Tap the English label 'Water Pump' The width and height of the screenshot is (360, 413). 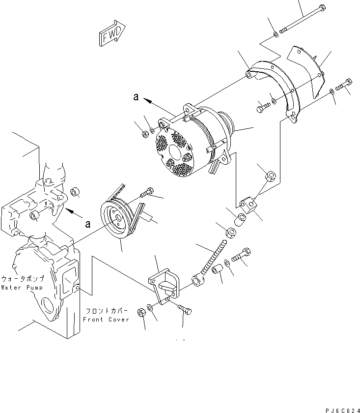click(22, 288)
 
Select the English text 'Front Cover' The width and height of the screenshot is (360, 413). click(106, 319)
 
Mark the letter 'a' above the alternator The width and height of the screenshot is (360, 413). click(136, 97)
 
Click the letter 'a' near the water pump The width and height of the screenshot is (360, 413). click(88, 224)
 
